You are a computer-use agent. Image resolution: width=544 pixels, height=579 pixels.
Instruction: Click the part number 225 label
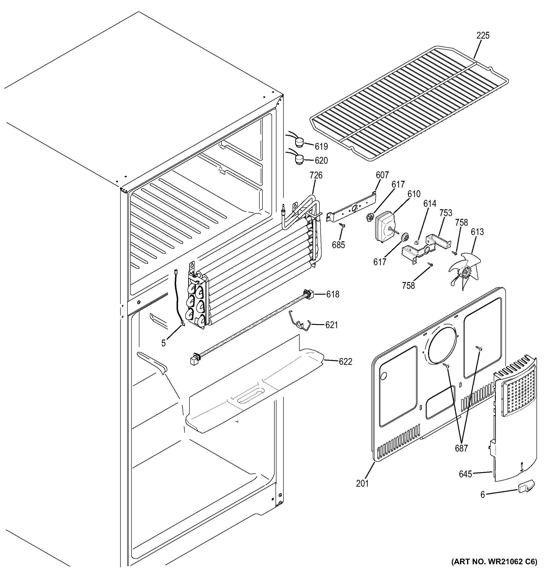point(483,36)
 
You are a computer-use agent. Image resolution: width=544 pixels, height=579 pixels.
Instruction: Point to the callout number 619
point(321,146)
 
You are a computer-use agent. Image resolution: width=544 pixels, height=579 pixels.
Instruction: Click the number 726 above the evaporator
point(316,175)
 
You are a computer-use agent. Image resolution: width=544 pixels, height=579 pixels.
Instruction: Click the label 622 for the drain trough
point(345,362)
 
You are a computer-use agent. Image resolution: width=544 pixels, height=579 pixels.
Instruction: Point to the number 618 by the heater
point(333,294)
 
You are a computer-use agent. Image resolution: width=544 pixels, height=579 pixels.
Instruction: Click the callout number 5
point(164,343)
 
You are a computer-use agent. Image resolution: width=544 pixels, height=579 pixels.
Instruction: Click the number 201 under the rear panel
point(362,483)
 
